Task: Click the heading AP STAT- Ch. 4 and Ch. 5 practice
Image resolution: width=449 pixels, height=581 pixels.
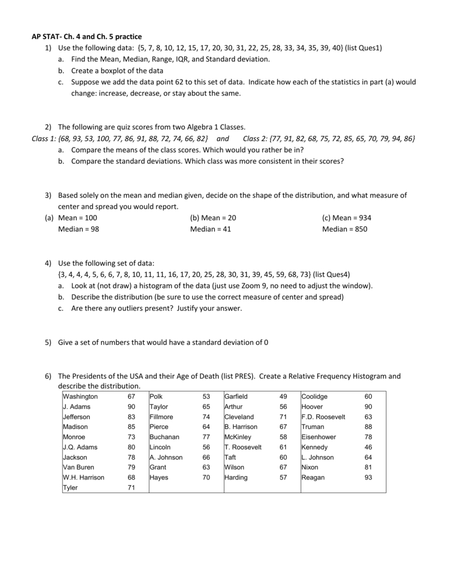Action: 86,37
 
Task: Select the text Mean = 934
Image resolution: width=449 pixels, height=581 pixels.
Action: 346,218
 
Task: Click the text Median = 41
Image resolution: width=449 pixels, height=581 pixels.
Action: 211,229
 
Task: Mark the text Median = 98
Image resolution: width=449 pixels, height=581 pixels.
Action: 79,229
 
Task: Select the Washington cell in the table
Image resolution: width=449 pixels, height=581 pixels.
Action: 81,397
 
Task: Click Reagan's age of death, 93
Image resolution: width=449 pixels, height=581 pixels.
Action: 368,478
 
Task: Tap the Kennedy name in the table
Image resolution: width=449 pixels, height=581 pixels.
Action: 314,447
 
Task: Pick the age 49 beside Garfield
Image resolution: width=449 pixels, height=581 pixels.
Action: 283,397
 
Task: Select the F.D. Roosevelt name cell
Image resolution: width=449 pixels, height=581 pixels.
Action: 323,417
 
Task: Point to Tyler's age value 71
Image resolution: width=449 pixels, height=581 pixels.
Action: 131,488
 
